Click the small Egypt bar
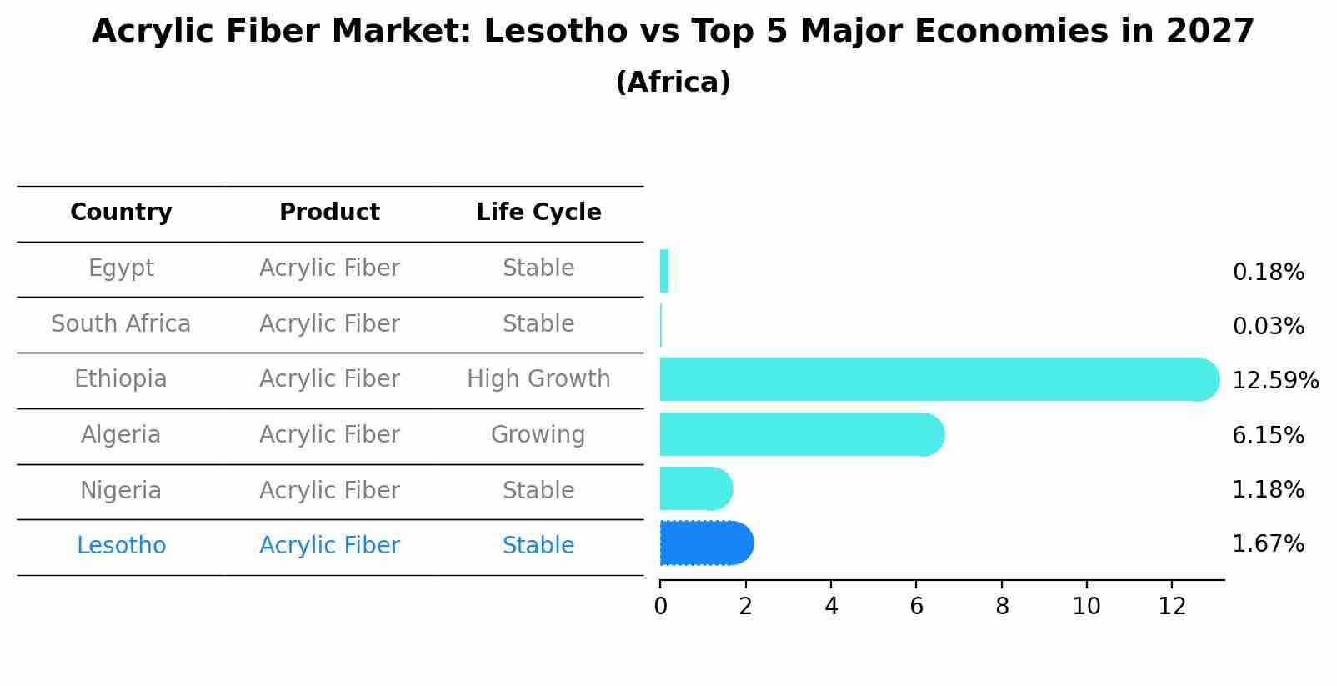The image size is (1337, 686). point(664,271)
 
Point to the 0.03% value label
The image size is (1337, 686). point(1268,327)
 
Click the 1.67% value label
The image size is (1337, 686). point(1268,544)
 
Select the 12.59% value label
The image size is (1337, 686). point(1274,381)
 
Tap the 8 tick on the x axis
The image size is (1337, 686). point(1002,607)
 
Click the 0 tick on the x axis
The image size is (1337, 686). point(660,607)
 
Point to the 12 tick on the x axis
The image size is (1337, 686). point(1172,607)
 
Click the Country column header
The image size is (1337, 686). point(121,213)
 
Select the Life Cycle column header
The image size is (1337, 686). point(538,213)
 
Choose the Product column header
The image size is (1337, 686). point(329,213)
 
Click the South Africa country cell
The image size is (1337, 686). point(121,323)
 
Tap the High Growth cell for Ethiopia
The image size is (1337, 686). point(538,379)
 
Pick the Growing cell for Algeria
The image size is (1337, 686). point(538,435)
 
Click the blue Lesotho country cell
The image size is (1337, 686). point(121,546)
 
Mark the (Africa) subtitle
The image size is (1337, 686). point(673,83)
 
